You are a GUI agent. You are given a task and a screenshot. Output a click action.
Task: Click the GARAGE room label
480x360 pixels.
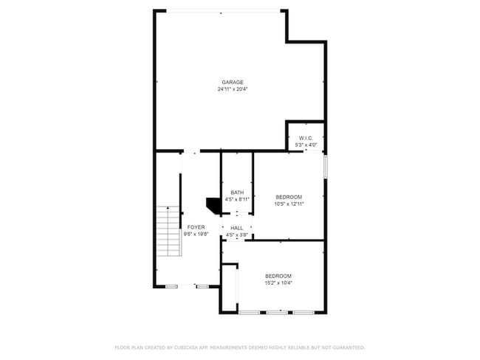coord(233,82)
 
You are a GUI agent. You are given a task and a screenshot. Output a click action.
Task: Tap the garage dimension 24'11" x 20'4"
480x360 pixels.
coord(233,89)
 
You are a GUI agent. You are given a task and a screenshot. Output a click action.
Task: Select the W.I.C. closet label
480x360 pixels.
coord(306,139)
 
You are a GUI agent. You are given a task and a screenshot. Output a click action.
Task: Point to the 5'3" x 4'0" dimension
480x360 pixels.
coord(306,145)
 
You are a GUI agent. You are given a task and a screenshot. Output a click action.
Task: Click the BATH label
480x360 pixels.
coord(237,193)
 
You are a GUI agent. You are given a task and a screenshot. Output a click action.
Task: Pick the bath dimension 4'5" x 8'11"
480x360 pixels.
coord(237,199)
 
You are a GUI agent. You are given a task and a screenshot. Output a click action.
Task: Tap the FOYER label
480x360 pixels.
coord(196,227)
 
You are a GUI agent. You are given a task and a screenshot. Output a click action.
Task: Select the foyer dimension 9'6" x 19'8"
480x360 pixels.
coord(196,234)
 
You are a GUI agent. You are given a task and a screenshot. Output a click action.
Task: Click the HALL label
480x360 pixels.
coord(237,228)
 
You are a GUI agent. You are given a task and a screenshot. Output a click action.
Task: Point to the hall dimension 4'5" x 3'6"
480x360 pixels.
coord(237,235)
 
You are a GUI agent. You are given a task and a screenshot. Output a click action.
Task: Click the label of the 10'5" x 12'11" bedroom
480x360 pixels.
coord(289,196)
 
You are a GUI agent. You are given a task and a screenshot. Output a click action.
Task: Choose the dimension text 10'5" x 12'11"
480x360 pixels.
coord(289,203)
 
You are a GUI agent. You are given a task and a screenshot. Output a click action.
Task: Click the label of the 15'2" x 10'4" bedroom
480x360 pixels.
coord(278,276)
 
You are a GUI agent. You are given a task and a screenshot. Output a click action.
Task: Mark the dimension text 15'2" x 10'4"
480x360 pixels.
coord(278,283)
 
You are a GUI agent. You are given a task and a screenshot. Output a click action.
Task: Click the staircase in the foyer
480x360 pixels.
coord(168,232)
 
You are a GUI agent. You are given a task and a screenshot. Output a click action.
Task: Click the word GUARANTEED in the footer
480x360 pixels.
coord(346,347)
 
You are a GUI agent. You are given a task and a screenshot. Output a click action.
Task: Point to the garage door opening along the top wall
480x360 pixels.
coord(222,10)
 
